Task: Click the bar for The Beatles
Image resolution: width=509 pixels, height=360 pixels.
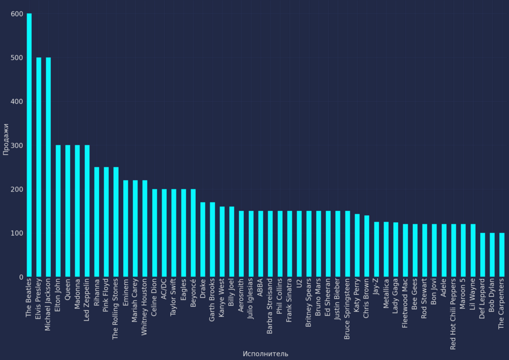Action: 29,145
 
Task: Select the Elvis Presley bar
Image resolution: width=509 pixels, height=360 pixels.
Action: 38,167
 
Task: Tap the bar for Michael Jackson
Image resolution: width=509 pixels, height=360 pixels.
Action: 48,167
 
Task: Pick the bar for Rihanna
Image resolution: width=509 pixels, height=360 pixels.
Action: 97,222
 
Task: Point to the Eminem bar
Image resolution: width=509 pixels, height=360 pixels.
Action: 126,229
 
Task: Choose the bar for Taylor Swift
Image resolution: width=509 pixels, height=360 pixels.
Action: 174,233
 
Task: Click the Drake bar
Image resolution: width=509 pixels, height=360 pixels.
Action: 202,240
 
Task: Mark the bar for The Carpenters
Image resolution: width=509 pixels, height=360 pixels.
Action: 502,255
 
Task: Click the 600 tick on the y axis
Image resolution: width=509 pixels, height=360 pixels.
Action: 17,14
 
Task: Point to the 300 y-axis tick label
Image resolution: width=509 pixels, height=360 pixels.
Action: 17,146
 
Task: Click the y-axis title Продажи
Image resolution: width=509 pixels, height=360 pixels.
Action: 6,140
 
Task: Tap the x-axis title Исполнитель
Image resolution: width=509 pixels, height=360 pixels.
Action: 265,354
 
